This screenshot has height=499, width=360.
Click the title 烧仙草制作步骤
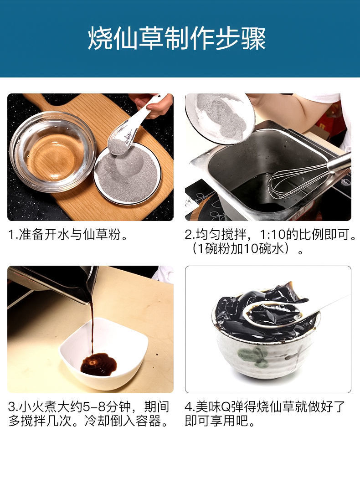(x=177, y=38)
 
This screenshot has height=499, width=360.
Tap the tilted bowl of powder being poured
(x=220, y=118)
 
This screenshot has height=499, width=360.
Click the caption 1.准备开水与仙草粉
(x=68, y=235)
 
